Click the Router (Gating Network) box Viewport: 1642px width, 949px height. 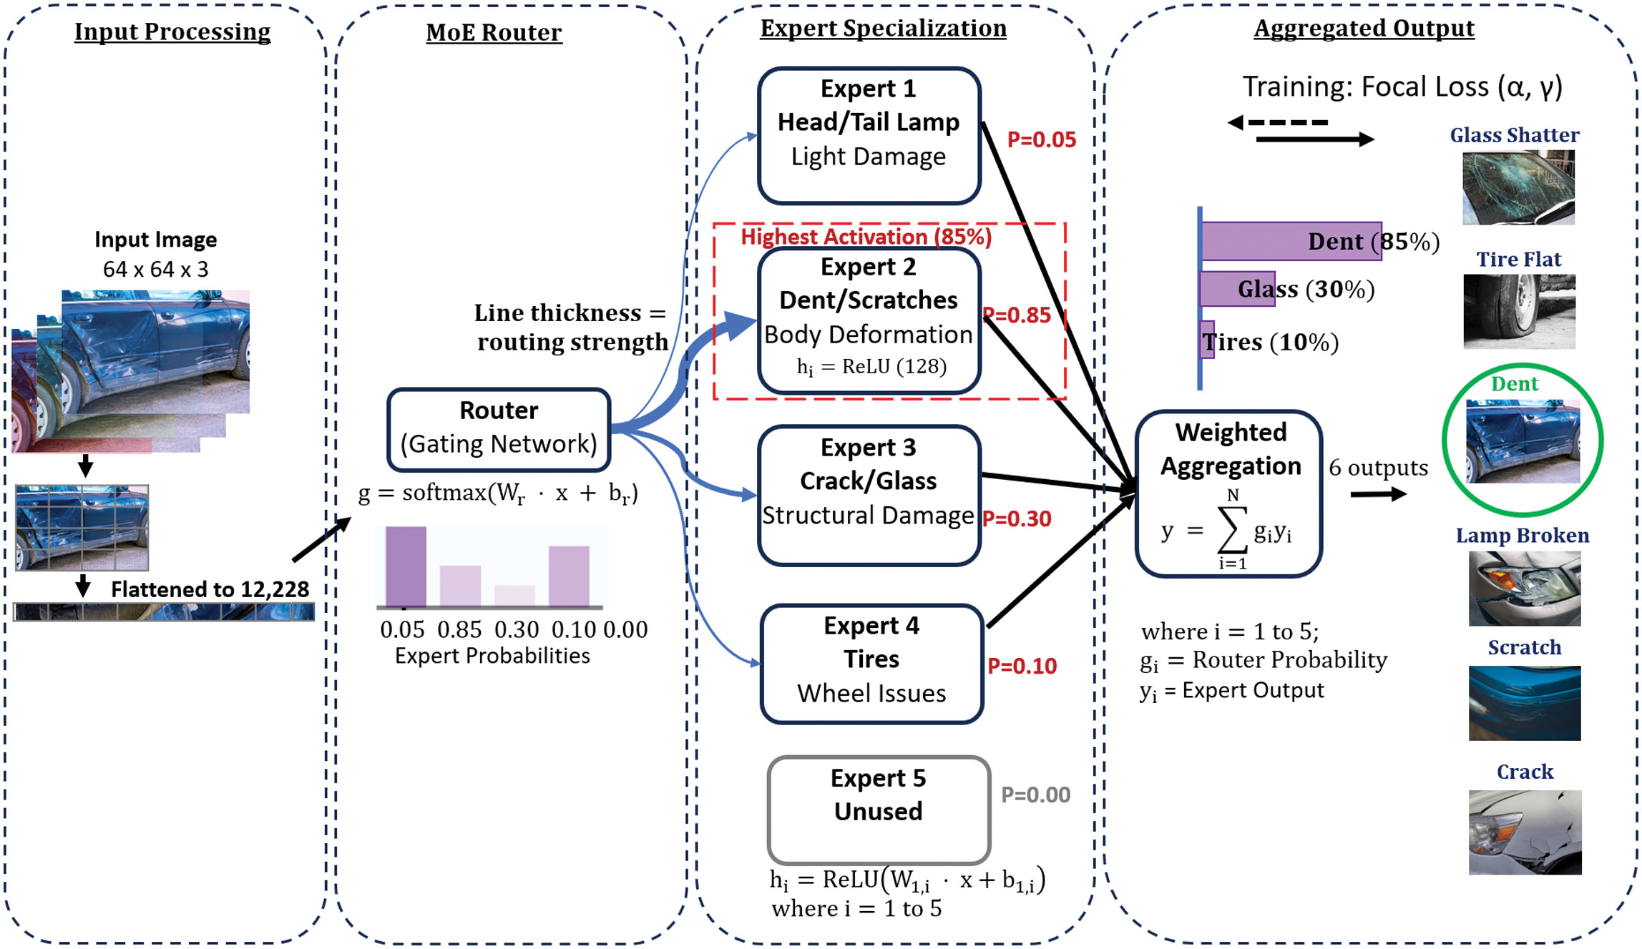(x=499, y=429)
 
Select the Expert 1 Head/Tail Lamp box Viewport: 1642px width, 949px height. (x=869, y=136)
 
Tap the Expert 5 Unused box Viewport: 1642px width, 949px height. (x=879, y=810)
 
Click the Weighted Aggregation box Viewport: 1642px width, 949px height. (x=1228, y=493)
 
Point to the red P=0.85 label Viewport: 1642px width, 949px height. (x=1017, y=315)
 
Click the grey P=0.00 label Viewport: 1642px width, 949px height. (x=1035, y=795)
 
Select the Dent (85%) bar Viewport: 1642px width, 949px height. (x=1291, y=241)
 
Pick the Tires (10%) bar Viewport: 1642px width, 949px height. (x=1208, y=340)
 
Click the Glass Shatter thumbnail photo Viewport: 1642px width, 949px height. (x=1518, y=187)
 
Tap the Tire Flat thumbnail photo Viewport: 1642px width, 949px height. (x=1519, y=311)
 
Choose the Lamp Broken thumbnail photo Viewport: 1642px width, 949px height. (x=1524, y=589)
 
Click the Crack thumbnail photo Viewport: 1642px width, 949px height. (x=1525, y=832)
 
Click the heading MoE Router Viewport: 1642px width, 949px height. (x=494, y=32)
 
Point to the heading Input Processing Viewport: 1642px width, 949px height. (x=172, y=31)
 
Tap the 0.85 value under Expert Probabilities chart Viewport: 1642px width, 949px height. (x=459, y=629)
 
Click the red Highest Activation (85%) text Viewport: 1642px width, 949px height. (x=866, y=237)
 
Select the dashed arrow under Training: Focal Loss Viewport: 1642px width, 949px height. (x=1279, y=123)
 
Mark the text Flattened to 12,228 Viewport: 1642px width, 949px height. (x=210, y=589)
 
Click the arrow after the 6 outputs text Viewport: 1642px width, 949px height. (x=1378, y=494)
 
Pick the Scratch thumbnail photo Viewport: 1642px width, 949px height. (x=1524, y=703)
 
